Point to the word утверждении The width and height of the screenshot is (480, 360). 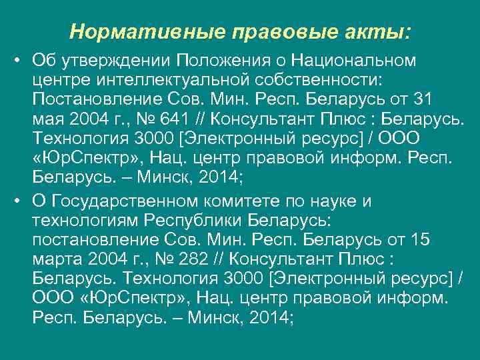tap(117, 61)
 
